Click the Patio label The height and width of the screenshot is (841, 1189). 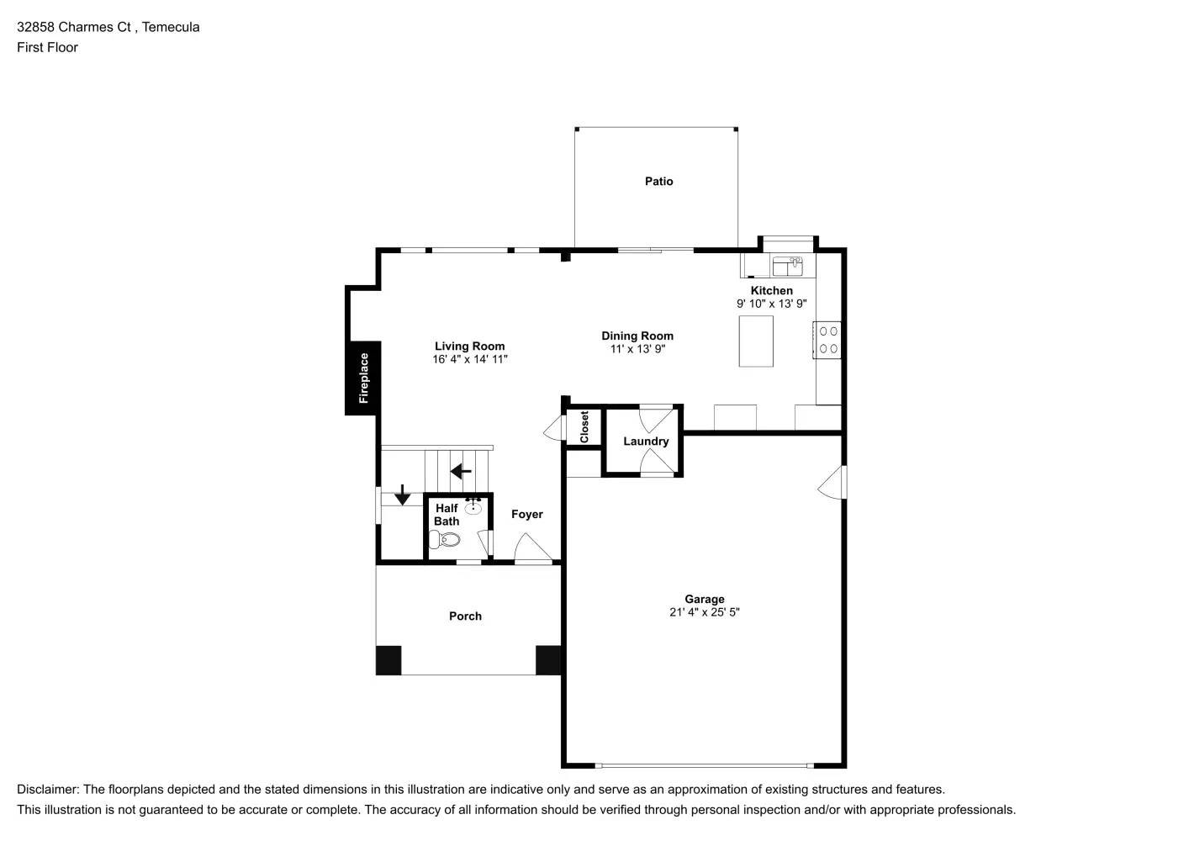[658, 181]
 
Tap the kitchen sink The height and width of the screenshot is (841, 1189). [788, 267]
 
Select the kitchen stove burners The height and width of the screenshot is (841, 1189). [828, 340]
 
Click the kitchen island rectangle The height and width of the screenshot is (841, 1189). [756, 341]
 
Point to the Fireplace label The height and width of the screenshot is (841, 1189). [363, 378]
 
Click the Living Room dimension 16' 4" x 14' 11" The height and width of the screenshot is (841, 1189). [469, 359]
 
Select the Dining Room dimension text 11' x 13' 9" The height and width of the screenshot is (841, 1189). [637, 349]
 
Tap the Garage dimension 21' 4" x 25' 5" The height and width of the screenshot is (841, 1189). [704, 612]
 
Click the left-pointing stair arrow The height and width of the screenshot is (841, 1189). [461, 471]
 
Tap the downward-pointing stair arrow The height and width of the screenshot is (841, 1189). [403, 495]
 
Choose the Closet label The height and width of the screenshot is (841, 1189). [584, 427]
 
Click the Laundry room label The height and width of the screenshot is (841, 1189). [646, 442]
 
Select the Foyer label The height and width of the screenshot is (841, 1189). [527, 515]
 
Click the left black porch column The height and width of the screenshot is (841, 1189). [388, 660]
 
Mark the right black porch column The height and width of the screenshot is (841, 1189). [548, 660]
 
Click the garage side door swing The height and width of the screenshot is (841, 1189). [832, 483]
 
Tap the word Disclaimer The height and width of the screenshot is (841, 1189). [47, 790]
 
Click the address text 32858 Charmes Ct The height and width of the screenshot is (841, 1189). [74, 27]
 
